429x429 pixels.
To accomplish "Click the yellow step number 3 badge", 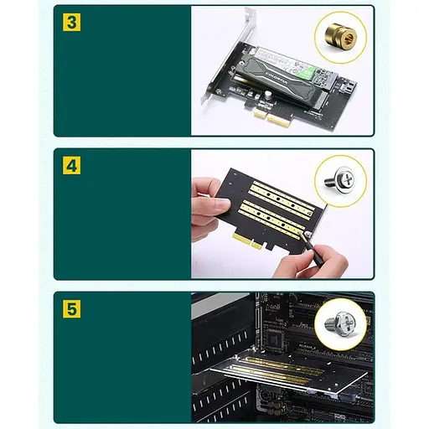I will pyautogui.click(x=73, y=22).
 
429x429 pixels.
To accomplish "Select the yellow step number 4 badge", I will pyautogui.click(x=73, y=165).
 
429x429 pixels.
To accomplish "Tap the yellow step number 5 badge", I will pyautogui.click(x=73, y=308).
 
